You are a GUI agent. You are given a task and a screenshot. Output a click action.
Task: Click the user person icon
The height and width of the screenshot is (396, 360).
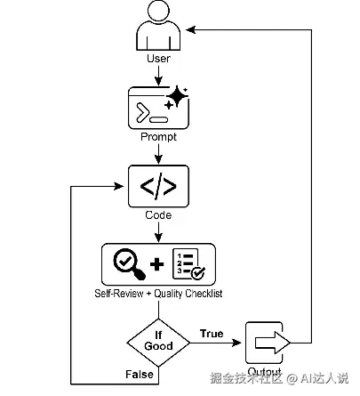click(x=157, y=28)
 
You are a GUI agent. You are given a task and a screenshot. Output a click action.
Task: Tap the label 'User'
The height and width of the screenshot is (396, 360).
click(x=157, y=59)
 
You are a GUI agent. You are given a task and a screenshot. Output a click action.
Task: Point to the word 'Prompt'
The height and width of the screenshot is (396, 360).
click(x=157, y=139)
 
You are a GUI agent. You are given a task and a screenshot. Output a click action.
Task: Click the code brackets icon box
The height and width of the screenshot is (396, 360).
click(x=157, y=187)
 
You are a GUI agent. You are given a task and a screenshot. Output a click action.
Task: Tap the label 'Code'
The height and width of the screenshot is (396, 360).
click(x=157, y=214)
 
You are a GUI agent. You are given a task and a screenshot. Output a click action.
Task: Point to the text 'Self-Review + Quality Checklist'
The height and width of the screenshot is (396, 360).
click(x=158, y=292)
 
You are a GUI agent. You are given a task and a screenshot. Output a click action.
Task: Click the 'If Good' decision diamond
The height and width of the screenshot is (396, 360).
click(x=157, y=341)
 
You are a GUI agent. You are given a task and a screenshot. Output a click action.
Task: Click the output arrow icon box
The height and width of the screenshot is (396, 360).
click(x=264, y=342)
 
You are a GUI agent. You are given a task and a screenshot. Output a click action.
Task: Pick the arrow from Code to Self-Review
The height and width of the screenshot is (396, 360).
click(x=157, y=231)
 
